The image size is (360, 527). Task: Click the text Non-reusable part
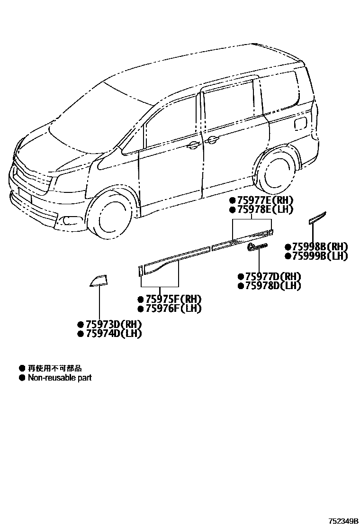click(60, 378)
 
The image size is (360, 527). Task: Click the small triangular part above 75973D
click(99, 281)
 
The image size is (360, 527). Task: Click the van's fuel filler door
click(300, 125)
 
